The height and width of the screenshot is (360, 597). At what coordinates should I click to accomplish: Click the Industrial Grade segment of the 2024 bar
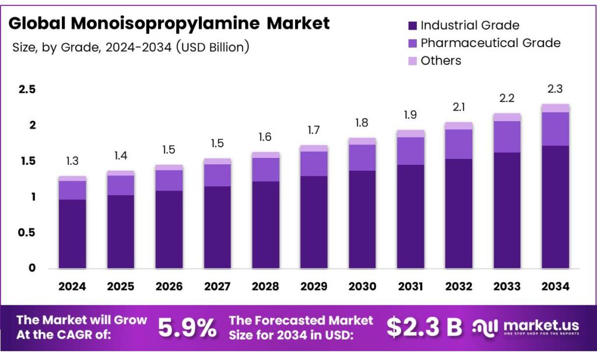click(72, 234)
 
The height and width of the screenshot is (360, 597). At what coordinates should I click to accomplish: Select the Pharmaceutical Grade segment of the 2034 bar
click(555, 129)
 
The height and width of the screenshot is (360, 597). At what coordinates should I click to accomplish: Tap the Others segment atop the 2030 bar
click(362, 141)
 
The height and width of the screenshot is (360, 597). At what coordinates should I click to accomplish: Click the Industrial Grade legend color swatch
click(412, 26)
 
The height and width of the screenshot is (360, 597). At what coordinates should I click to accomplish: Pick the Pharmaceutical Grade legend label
click(490, 43)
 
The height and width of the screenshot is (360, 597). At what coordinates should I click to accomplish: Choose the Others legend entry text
click(441, 61)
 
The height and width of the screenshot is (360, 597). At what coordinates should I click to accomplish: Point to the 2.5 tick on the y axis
click(27, 90)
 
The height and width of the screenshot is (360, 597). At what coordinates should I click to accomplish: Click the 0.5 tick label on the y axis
click(27, 233)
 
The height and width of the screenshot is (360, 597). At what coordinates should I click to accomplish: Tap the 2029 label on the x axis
click(314, 287)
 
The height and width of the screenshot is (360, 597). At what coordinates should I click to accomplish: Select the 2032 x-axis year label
click(458, 287)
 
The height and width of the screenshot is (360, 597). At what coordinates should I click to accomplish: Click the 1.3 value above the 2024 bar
click(72, 161)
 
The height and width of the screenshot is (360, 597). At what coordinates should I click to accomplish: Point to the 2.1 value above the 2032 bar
click(458, 108)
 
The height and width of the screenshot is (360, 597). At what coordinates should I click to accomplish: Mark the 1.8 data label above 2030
click(362, 123)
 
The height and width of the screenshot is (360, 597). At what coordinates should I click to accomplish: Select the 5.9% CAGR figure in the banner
click(188, 327)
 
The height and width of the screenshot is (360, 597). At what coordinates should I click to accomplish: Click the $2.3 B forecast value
click(424, 327)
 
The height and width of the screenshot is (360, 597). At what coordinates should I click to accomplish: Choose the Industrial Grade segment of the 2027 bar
click(217, 227)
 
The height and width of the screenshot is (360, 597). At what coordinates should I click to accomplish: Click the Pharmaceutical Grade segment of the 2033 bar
click(507, 137)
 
